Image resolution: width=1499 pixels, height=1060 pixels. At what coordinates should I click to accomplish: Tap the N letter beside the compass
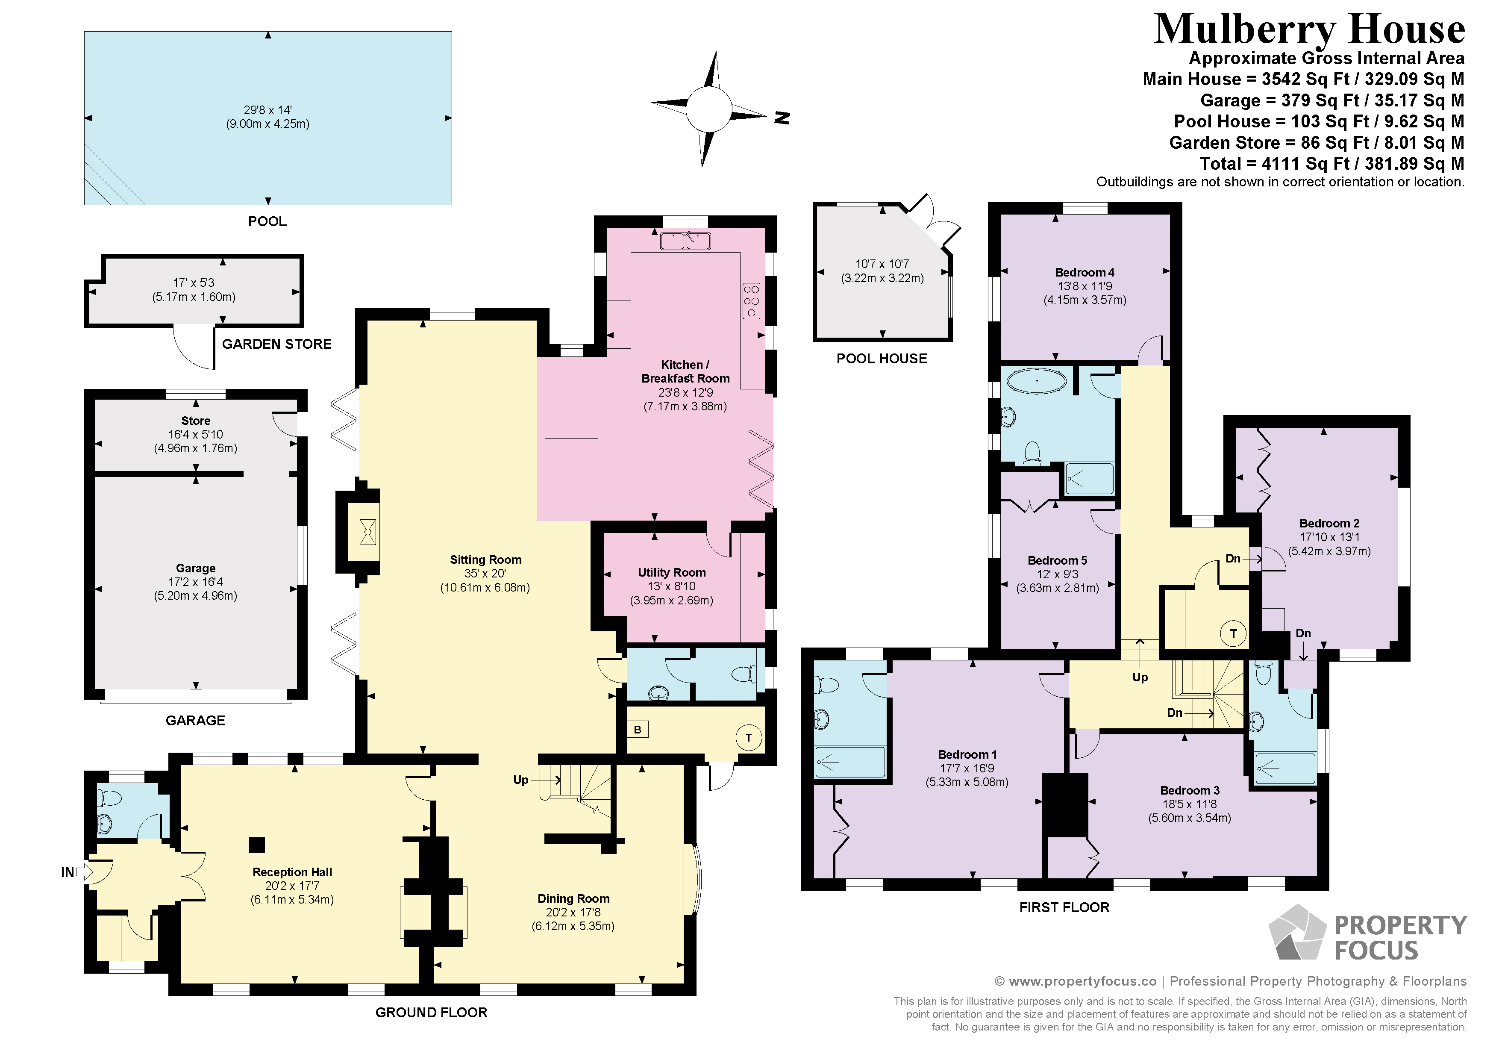point(782,118)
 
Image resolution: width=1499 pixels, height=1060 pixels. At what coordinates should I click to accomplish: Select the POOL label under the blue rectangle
point(267,221)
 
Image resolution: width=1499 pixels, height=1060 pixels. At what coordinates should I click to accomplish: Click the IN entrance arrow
point(84,872)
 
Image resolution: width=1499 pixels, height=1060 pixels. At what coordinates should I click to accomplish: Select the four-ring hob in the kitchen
point(752,300)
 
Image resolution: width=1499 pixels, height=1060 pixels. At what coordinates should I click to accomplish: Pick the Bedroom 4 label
point(1085,272)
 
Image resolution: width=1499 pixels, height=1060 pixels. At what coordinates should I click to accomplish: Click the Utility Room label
point(671,573)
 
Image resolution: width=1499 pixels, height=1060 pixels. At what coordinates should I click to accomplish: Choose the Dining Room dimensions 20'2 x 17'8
point(573,913)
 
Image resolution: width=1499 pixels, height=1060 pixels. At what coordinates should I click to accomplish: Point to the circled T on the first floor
point(1233,633)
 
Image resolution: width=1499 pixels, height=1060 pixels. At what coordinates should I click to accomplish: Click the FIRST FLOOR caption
point(1064,907)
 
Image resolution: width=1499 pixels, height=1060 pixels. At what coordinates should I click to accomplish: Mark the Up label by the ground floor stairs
point(520,780)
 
